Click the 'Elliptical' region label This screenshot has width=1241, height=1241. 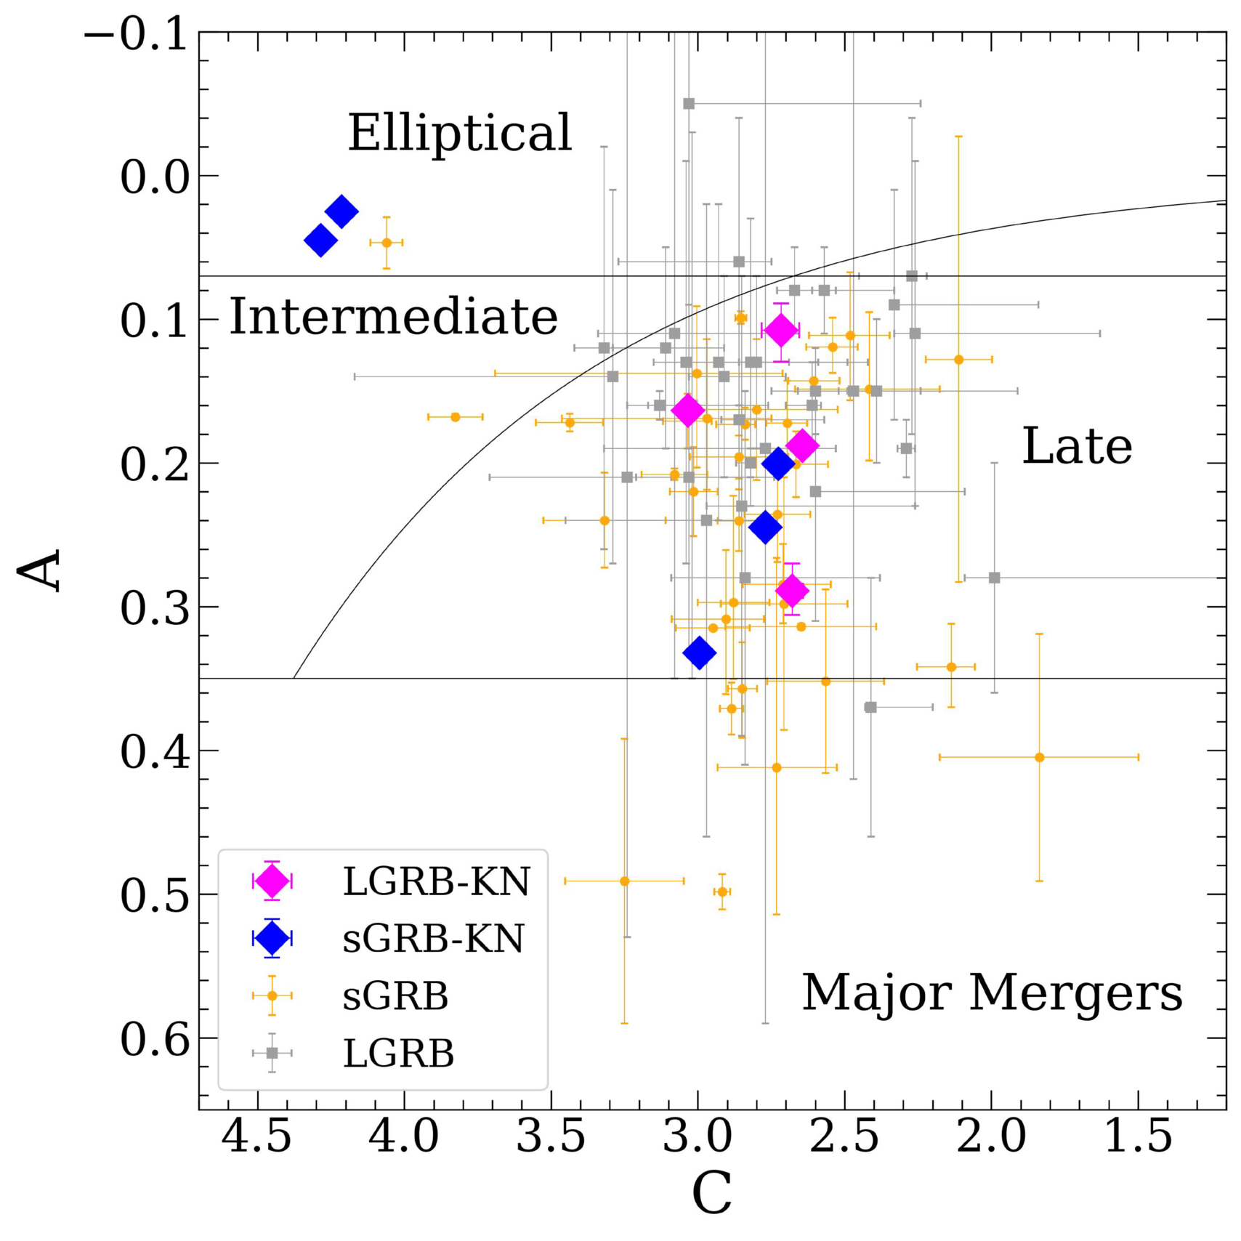pyautogui.click(x=460, y=133)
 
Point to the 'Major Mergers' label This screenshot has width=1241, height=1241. pyautogui.click(x=993, y=993)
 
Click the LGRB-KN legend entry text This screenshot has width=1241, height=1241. pyautogui.click(x=437, y=881)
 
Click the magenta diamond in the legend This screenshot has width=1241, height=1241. pyautogui.click(x=272, y=881)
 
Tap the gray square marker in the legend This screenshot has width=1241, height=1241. pyautogui.click(x=272, y=1053)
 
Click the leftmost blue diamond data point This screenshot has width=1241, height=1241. pyautogui.click(x=320, y=240)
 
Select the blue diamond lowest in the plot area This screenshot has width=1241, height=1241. pyautogui.click(x=700, y=652)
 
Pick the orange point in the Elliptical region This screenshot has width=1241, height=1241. pyautogui.click(x=387, y=243)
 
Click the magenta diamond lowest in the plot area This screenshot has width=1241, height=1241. pyautogui.click(x=792, y=590)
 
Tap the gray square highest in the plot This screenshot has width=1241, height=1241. pyautogui.click(x=689, y=104)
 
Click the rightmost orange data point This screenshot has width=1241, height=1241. pyautogui.click(x=1039, y=757)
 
